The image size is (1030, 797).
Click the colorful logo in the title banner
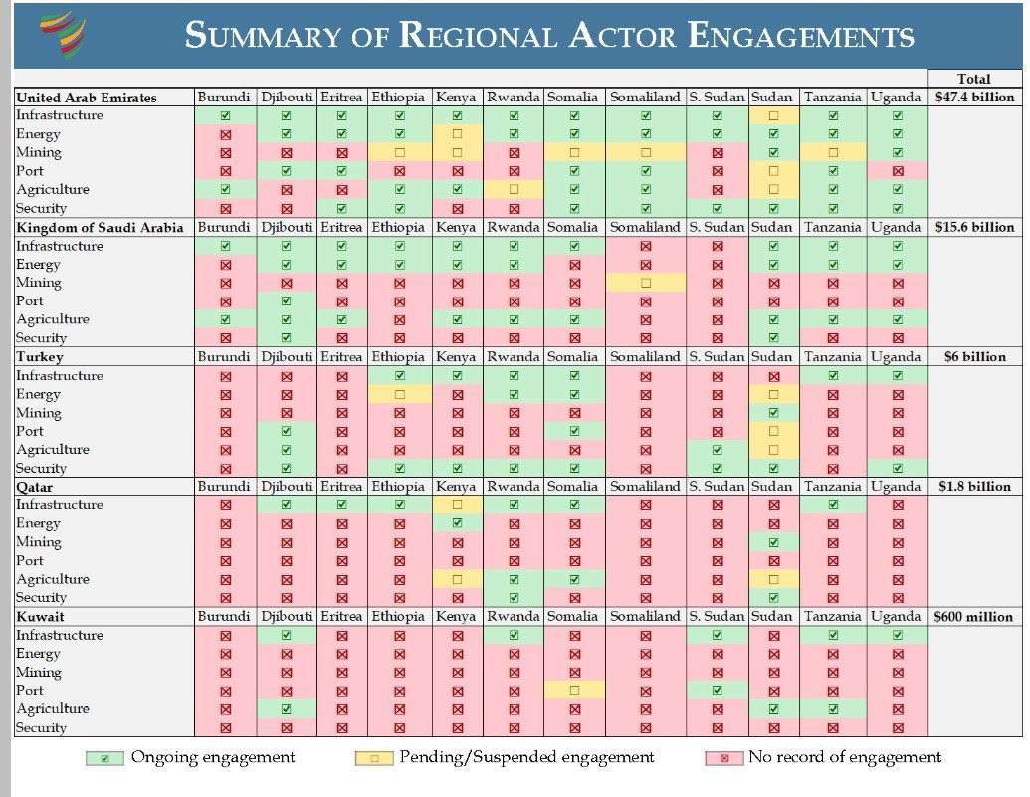point(62,35)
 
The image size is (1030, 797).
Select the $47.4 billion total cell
point(974,97)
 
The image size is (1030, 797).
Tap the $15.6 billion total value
point(974,227)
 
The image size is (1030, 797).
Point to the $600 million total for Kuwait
point(974,616)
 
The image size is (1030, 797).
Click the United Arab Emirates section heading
point(87,98)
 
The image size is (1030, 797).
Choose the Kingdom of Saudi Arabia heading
point(100,227)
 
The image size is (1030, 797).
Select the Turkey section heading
point(40,356)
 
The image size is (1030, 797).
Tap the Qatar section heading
point(35,487)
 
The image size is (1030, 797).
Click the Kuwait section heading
point(39,616)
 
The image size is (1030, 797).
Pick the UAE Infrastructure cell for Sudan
point(772,115)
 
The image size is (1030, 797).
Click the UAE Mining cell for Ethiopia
point(399,152)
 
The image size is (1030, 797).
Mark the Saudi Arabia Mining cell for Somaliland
point(645,283)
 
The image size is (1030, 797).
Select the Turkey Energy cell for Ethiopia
point(399,394)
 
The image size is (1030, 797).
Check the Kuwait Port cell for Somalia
point(574,690)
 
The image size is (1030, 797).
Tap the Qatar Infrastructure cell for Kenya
point(457,504)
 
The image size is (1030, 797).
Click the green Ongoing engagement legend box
point(104,758)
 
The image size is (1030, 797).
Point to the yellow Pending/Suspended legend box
point(373,758)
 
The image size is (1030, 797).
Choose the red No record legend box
point(723,758)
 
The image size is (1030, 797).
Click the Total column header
point(974,79)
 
